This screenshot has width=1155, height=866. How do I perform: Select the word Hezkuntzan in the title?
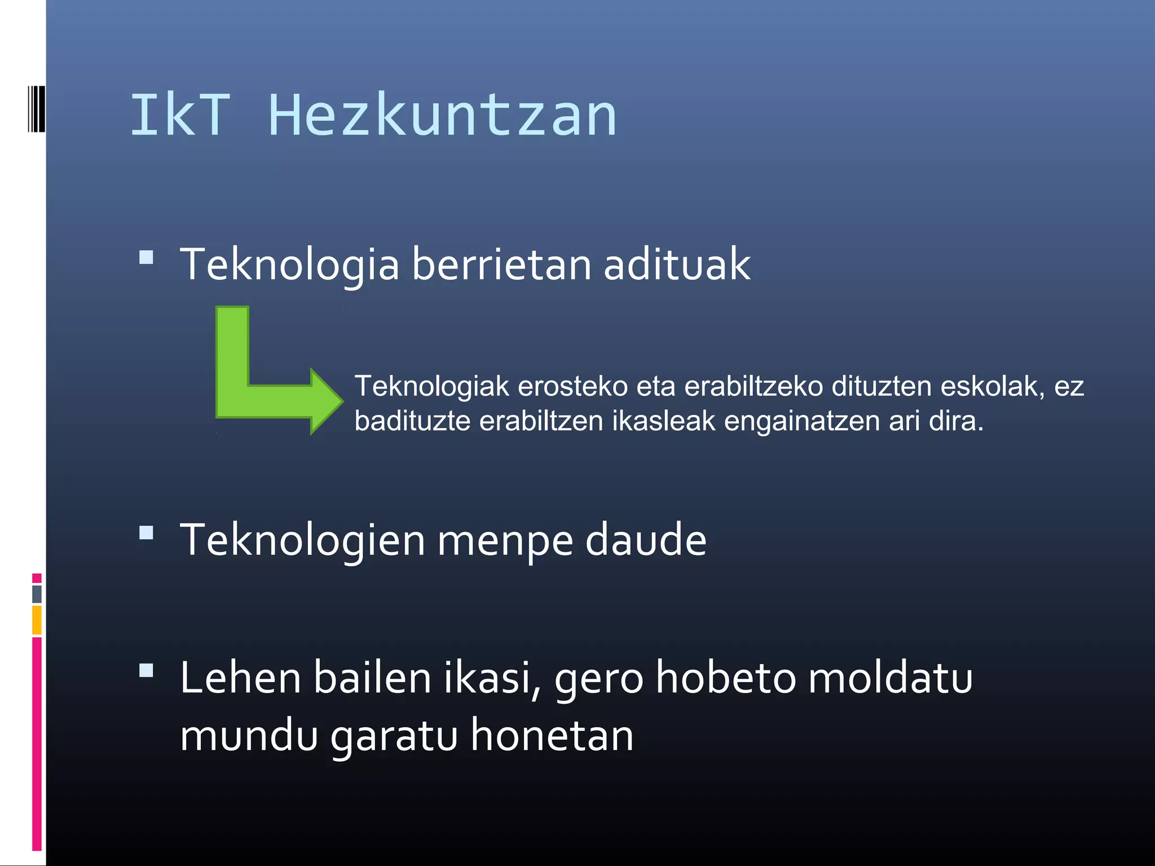click(443, 116)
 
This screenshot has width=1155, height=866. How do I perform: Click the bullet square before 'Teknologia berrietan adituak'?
click(147, 258)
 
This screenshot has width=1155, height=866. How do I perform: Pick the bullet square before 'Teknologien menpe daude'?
click(147, 533)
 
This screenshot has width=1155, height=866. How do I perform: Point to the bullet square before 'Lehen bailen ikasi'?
click(147, 670)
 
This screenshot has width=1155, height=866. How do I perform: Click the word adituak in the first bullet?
click(677, 264)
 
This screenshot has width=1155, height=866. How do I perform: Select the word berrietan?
click(502, 264)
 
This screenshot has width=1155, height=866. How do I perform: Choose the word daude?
click(646, 540)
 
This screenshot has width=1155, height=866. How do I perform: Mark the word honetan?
click(552, 735)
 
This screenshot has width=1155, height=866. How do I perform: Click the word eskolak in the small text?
click(993, 387)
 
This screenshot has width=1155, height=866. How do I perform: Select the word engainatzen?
click(801, 422)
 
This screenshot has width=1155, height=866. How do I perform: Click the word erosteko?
click(573, 387)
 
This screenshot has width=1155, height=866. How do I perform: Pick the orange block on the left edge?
click(37, 620)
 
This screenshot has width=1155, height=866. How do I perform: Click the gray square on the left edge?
click(37, 594)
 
